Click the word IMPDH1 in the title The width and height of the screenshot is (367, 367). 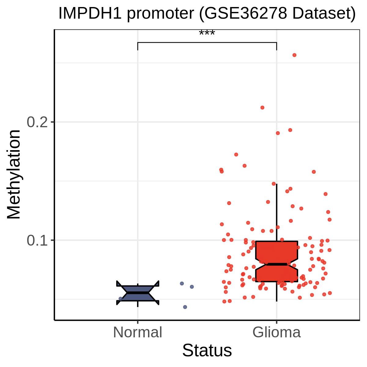click(x=90, y=13)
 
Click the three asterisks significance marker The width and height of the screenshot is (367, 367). click(x=207, y=33)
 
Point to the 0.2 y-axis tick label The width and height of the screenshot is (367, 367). click(x=37, y=122)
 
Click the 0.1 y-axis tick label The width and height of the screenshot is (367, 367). click(x=37, y=240)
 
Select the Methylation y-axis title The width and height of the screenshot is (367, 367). click(x=13, y=175)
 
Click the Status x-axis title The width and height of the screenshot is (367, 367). click(x=207, y=350)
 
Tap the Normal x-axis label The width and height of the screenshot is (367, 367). click(x=138, y=332)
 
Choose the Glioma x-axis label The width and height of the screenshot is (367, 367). click(x=276, y=332)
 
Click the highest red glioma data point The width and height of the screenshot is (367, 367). click(x=295, y=55)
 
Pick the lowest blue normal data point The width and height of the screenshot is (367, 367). click(x=185, y=307)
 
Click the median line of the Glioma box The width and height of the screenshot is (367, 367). click(x=276, y=264)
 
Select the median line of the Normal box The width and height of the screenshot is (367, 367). click(x=138, y=293)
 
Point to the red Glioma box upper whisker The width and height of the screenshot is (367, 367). click(x=276, y=213)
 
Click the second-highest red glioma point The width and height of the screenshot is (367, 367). click(x=262, y=108)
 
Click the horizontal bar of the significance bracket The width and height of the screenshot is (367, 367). click(x=207, y=43)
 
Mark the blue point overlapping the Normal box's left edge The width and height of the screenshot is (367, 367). click(x=120, y=298)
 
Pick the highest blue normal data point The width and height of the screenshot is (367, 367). click(x=182, y=284)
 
